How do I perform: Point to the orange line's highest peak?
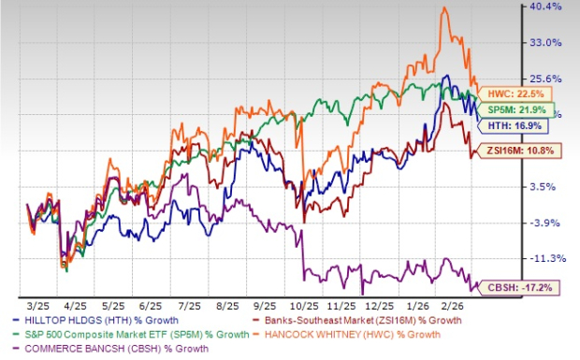coord(443,8)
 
